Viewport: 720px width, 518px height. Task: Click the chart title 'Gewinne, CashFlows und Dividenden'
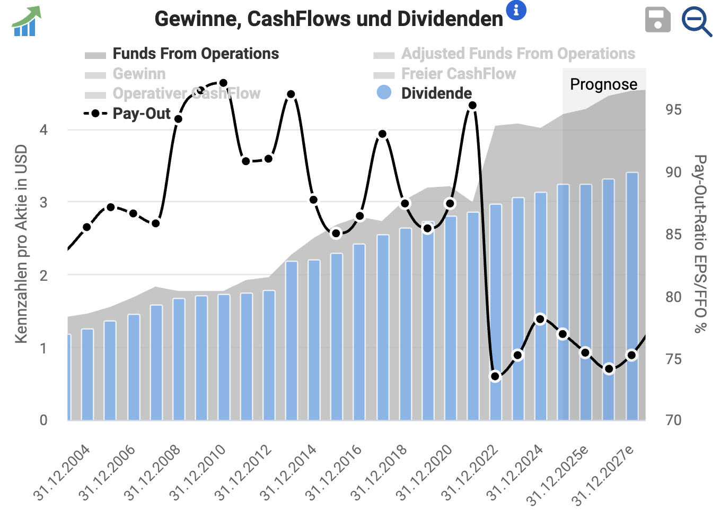(x=329, y=19)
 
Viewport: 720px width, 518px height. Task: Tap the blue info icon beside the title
(x=516, y=10)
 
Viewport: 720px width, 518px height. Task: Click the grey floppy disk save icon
(x=657, y=20)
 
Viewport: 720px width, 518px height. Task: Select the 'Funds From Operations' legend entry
(x=195, y=54)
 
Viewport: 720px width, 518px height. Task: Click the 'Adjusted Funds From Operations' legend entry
(x=517, y=54)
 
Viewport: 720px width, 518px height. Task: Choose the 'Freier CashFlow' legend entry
(x=458, y=74)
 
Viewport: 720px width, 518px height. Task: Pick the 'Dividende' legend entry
(x=436, y=93)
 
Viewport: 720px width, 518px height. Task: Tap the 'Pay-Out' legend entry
(x=141, y=114)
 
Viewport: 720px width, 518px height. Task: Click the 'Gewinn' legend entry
(x=139, y=74)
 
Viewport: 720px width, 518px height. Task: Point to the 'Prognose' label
(x=603, y=84)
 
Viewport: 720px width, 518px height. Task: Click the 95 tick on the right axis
(x=673, y=110)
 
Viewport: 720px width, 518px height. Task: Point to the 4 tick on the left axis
(x=43, y=130)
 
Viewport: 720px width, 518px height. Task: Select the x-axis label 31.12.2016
(x=333, y=473)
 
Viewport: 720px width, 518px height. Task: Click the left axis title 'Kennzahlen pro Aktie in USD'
(x=21, y=244)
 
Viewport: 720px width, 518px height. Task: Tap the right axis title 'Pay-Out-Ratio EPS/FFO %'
(x=700, y=244)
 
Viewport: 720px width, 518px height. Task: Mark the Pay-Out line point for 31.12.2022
(x=495, y=376)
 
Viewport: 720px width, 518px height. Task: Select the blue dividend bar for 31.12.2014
(x=314, y=340)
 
